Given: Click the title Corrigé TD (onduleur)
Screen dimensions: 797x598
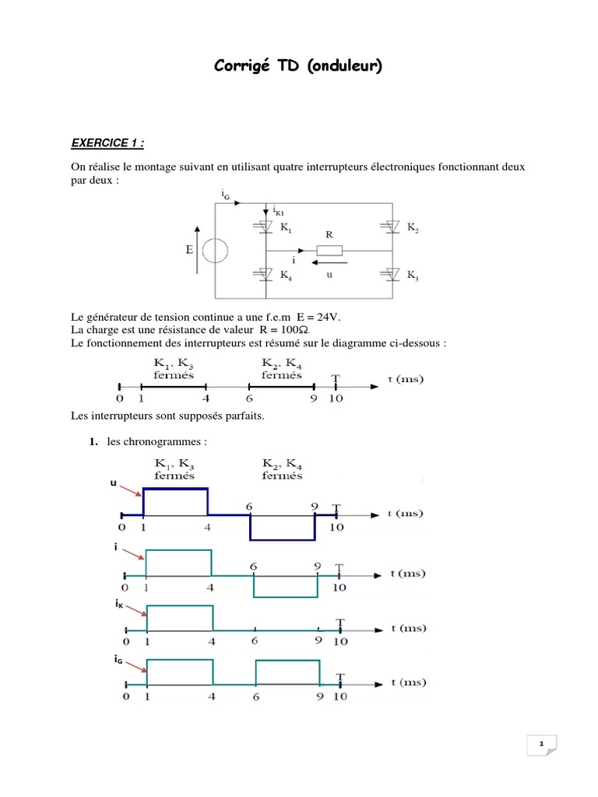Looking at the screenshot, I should pos(298,67).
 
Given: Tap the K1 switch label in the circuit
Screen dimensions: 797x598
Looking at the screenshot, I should pos(287,229).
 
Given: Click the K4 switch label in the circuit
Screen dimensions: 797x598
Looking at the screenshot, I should pos(287,276).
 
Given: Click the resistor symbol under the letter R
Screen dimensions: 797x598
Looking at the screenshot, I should pos(329,251).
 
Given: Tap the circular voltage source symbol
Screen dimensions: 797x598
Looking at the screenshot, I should pos(214,251).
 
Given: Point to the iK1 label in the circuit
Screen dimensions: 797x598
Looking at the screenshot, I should pos(280,210).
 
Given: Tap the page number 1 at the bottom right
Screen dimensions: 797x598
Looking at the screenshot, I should pos(540,745).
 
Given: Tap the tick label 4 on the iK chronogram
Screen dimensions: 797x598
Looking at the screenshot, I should pos(213,641).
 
